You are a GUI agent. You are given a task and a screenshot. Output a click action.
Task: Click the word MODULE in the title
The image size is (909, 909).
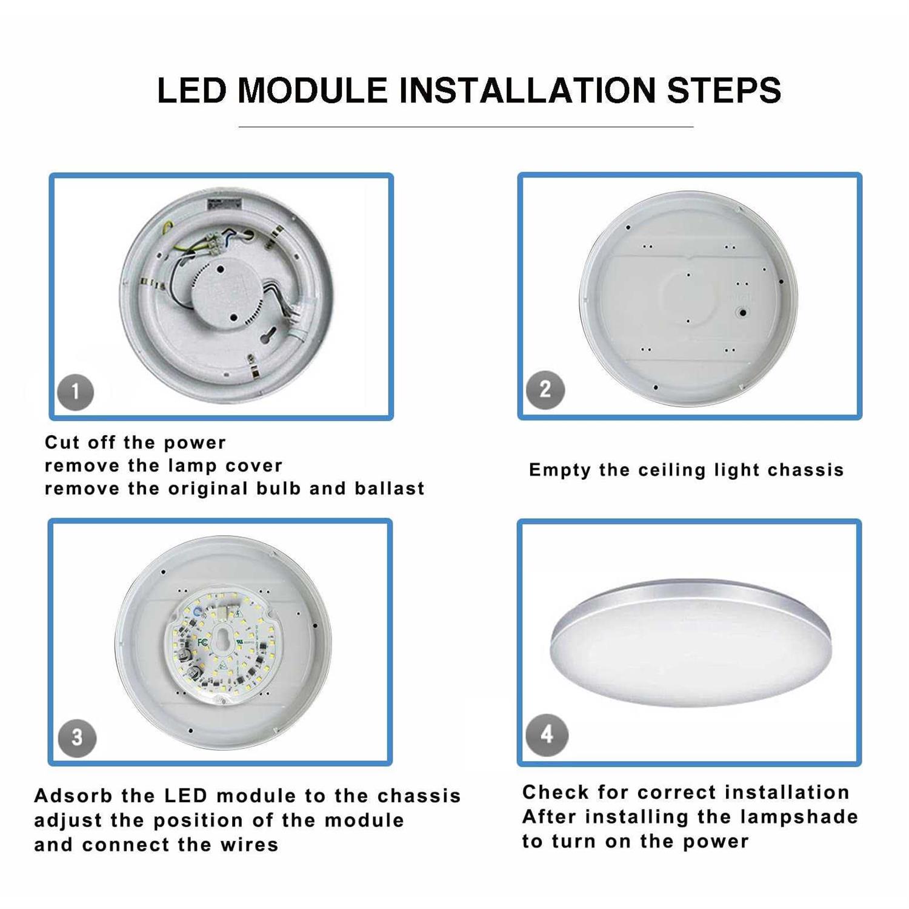coord(312,91)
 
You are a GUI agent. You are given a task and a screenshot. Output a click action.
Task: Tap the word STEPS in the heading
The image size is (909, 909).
coord(724,91)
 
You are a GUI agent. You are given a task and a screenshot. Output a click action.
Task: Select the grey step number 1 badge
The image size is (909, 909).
coord(75,392)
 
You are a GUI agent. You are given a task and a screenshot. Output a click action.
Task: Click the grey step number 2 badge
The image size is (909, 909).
coord(545,390)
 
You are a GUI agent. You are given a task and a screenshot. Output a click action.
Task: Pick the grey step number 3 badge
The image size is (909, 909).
coord(77,738)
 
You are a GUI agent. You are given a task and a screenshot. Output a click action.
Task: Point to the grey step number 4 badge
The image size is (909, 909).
coord(547,734)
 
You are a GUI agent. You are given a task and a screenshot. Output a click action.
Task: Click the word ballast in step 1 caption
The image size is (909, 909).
coord(390,488)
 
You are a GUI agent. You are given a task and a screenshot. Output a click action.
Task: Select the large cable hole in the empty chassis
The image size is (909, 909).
coord(742,313)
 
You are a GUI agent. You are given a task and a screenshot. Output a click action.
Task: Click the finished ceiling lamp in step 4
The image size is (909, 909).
coord(690,642)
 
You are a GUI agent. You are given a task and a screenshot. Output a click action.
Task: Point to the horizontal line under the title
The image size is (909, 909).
coord(465,127)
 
